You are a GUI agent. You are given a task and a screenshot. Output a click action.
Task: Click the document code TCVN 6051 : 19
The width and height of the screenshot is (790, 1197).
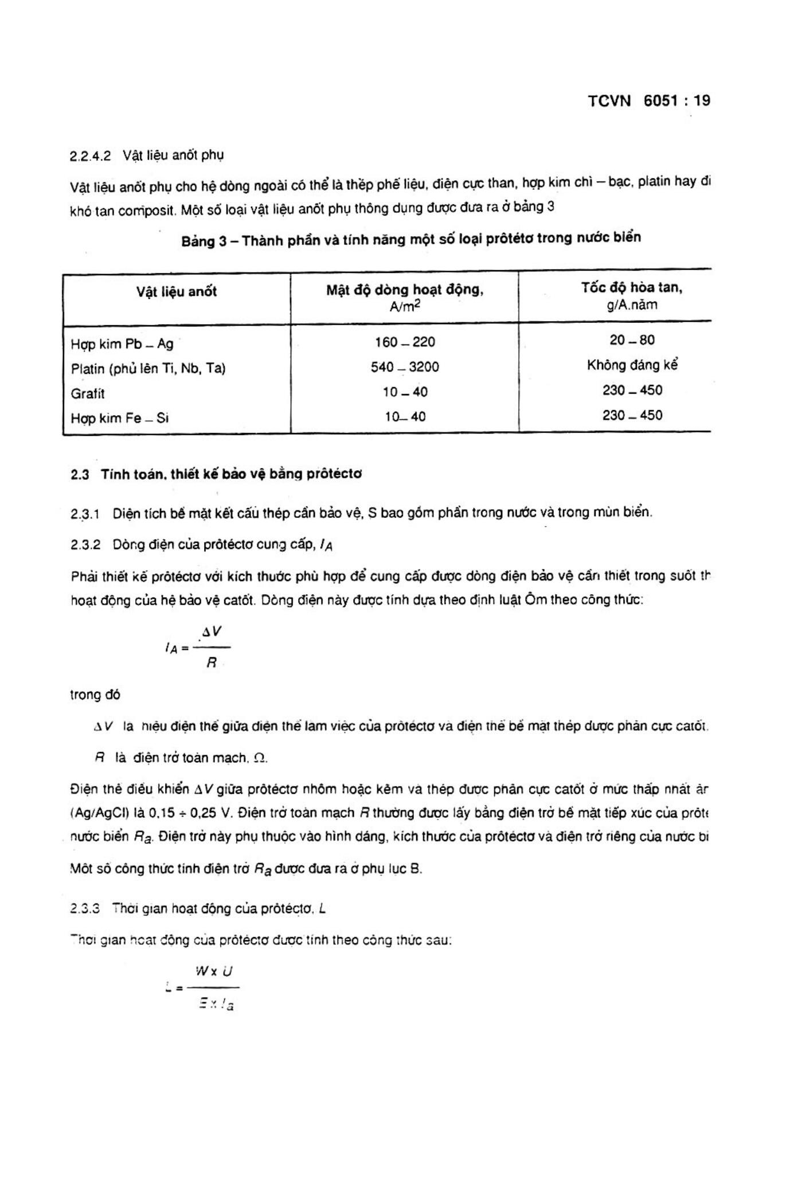648,101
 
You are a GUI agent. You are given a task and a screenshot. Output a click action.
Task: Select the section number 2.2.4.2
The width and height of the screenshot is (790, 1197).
90,156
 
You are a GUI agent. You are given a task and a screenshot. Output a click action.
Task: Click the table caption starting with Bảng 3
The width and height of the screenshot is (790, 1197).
411,239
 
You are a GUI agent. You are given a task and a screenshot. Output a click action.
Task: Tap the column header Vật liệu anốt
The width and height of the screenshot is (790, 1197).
177,291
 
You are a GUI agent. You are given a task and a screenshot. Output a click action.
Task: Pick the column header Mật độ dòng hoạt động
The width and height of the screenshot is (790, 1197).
405,290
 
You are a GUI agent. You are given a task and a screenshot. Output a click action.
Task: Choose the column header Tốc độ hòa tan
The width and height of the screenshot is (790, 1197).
632,287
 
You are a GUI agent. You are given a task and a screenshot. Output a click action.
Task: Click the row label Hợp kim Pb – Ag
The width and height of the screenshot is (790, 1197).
122,344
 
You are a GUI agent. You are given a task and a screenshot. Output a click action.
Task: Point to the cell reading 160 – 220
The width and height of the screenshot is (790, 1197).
405,342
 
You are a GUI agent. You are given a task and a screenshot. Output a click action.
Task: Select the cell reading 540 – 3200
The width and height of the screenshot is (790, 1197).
405,367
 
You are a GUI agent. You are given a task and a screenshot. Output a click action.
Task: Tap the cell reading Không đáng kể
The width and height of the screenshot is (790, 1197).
632,365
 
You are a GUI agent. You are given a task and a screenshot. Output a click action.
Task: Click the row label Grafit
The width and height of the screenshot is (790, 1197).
88,393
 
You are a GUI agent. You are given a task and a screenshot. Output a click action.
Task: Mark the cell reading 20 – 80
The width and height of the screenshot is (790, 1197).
632,340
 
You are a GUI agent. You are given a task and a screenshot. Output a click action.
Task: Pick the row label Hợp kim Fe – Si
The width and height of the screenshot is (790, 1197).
119,418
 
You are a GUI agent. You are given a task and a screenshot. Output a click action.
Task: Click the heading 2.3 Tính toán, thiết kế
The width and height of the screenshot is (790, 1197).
216,474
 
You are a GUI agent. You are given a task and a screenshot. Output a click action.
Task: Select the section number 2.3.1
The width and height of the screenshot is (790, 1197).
85,514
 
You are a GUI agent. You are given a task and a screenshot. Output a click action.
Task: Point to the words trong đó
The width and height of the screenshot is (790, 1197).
95,695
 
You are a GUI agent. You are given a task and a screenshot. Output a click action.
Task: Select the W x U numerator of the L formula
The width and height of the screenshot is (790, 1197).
213,972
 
